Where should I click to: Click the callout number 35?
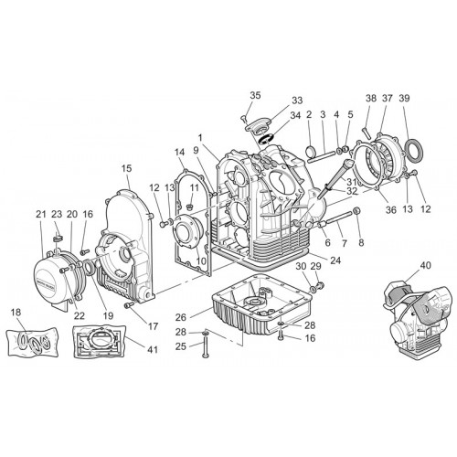(255, 95)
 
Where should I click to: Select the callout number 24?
(335, 260)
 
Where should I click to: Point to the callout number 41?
(153, 350)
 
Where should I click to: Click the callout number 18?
(16, 313)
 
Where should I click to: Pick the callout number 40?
(426, 265)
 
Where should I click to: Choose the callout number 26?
(181, 317)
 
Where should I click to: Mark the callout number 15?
(126, 168)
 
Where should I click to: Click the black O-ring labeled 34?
(264, 140)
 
